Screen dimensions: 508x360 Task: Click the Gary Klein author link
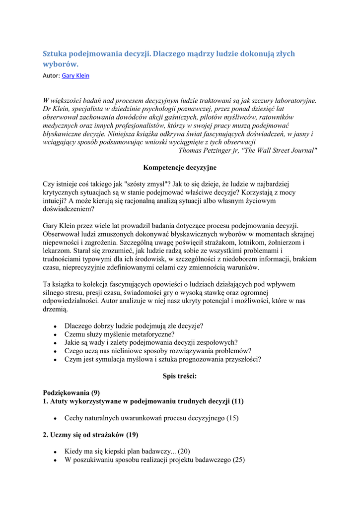[x=75, y=76]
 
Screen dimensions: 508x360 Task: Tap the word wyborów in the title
[x=60, y=64]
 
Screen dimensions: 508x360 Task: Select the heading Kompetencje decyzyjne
[x=180, y=168]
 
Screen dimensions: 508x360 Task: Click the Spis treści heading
[x=180, y=376]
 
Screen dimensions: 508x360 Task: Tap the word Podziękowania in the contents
[x=67, y=392]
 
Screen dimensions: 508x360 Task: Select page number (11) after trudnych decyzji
[x=238, y=401]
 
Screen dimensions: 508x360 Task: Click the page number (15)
[x=232, y=418]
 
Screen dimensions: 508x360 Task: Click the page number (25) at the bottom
[x=239, y=460]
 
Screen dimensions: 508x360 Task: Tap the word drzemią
[x=55, y=309]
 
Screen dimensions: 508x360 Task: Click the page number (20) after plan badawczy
[x=184, y=451]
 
